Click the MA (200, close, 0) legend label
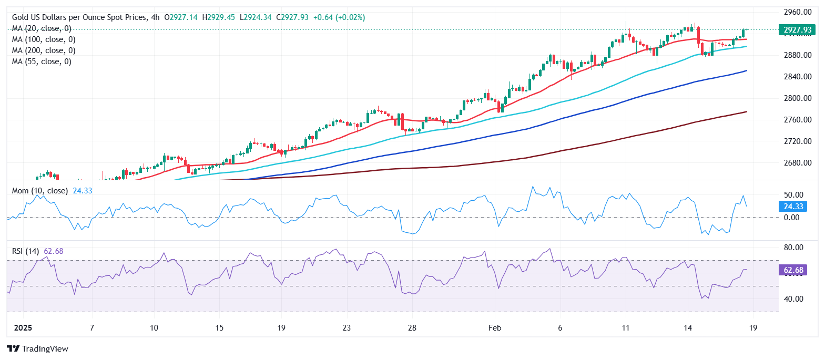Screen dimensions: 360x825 tap(44, 50)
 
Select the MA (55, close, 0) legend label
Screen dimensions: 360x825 tap(42, 61)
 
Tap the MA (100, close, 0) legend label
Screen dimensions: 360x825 tap(44, 39)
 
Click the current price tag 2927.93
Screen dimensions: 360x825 tap(797, 30)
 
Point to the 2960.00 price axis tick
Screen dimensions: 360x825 tap(797, 12)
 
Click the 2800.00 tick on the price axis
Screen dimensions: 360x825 tap(797, 98)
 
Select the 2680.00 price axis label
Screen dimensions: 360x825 tap(797, 163)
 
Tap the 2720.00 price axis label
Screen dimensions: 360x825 tap(797, 141)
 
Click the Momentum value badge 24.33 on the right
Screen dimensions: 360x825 tap(793, 207)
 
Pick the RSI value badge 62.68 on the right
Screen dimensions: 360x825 tap(793, 270)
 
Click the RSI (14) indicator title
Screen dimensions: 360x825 tap(25, 251)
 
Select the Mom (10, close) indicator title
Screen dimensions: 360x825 tap(40, 191)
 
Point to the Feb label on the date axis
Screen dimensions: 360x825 tap(495, 328)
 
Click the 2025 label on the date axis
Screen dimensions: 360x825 tap(23, 328)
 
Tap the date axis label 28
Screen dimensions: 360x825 tap(412, 328)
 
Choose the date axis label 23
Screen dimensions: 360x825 tap(347, 328)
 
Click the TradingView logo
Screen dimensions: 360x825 tap(38, 349)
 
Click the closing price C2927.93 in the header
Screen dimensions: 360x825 tap(294, 17)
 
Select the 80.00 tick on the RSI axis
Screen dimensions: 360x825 tap(793, 248)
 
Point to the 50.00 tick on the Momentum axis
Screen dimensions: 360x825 tap(793, 195)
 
